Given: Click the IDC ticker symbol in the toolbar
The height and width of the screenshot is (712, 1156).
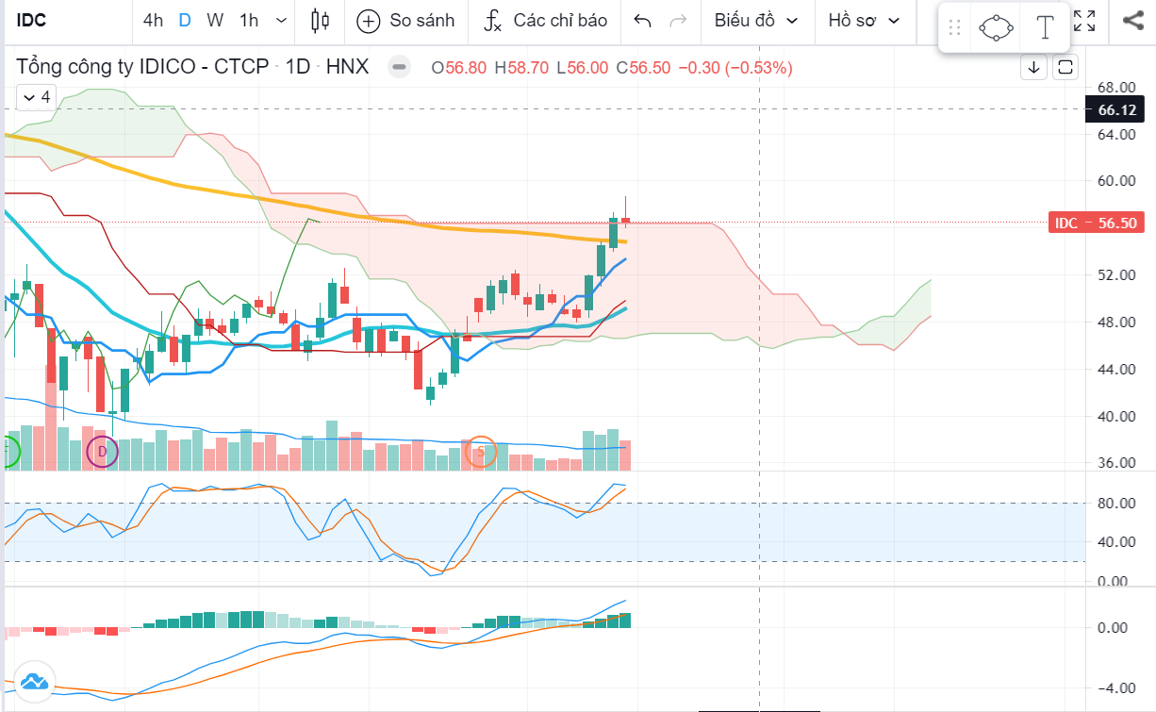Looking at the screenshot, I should coord(33,20).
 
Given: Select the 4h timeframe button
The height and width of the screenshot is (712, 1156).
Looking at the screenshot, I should coord(153,20).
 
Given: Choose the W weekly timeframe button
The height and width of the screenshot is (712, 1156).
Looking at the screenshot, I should coord(215,20).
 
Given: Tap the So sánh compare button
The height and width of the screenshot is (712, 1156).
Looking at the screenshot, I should coord(406,20).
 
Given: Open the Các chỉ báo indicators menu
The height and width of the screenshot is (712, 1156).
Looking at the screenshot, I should coord(546,20).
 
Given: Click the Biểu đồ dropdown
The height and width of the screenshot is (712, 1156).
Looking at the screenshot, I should coord(755,20).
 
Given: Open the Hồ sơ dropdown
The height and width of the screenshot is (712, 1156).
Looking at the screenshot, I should coord(862,20).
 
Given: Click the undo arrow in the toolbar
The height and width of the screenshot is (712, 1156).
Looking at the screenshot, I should coord(643,20).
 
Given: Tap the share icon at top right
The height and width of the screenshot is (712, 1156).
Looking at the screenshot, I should coord(1132,20).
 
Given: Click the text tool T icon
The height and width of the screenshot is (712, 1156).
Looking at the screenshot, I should coord(1045,27).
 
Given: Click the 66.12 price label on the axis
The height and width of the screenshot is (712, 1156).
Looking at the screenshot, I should coord(1116,109).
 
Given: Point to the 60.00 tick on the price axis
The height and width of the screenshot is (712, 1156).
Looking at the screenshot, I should coord(1116,181).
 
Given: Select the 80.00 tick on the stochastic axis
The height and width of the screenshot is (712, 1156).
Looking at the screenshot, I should coord(1116,504).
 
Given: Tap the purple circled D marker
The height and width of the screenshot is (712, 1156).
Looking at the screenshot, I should coord(103,453).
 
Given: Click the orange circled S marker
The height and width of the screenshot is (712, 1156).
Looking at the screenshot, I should coord(481,452).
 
